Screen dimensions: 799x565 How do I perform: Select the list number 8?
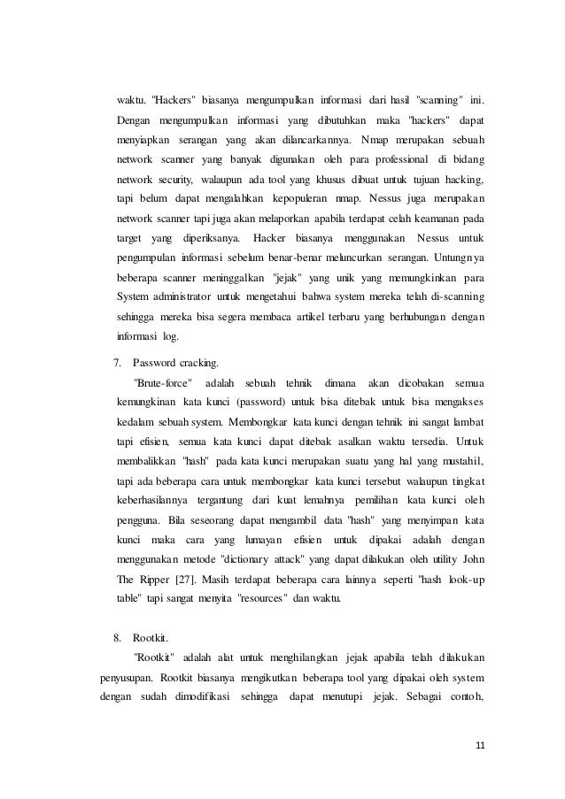click(118, 637)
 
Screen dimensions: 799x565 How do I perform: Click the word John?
click(474, 558)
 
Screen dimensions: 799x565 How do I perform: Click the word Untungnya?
click(462, 257)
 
